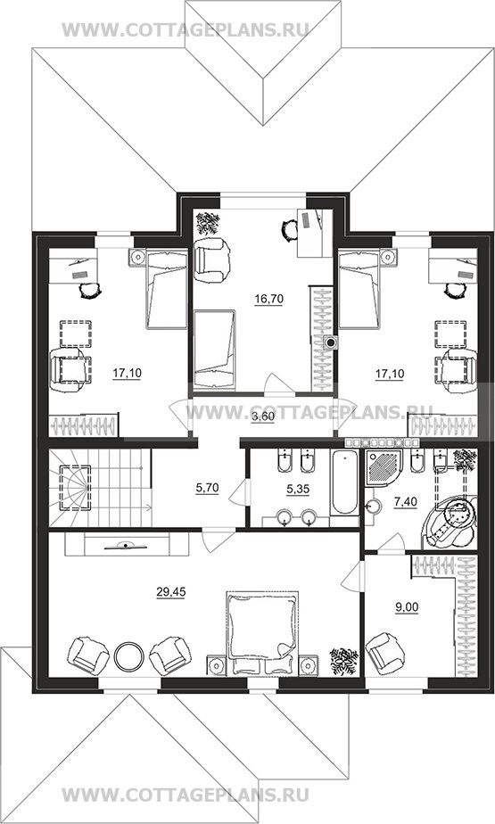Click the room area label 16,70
pyautogui.click(x=269, y=300)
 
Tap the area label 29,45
pyautogui.click(x=171, y=592)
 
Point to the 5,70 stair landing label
pyautogui.click(x=207, y=488)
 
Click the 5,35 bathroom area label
pyautogui.click(x=298, y=488)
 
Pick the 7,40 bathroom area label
pyautogui.click(x=405, y=502)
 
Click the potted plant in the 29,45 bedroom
pyautogui.click(x=344, y=661)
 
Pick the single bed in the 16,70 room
pyautogui.click(x=214, y=350)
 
